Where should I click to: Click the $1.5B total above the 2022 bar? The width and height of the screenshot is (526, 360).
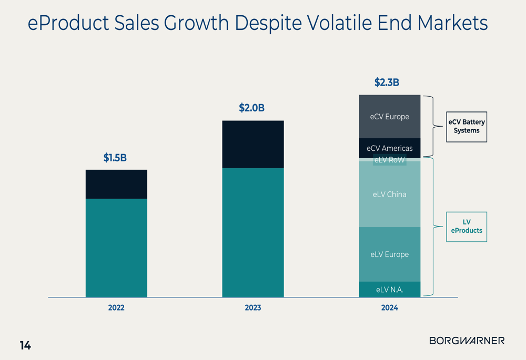115,158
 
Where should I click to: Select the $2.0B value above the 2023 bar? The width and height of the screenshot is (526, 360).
252,108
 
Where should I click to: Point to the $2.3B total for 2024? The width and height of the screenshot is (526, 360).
387,83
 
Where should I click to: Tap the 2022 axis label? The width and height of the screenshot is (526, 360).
116,308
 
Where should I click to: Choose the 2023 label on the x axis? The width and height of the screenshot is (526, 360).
253,308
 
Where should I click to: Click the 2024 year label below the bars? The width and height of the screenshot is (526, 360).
390,308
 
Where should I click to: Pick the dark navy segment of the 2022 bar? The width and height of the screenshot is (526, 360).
116,184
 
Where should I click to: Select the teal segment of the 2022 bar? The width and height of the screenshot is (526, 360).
116,248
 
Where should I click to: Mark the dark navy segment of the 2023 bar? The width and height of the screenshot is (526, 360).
253,144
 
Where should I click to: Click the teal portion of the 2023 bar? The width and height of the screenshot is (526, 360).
253,232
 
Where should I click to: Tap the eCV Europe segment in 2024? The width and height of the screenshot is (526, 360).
390,117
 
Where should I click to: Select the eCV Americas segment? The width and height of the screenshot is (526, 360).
390,148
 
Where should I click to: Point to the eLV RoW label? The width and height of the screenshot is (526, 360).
390,160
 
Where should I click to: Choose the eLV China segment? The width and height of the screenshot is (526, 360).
390,194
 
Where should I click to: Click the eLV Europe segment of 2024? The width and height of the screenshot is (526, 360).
390,254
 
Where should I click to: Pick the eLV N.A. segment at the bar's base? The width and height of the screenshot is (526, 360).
390,290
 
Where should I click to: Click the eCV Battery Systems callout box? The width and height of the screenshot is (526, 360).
467,127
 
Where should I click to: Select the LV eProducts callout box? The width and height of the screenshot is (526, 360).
467,227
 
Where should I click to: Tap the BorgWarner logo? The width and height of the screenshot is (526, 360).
467,341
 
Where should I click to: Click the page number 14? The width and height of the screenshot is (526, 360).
25,345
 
